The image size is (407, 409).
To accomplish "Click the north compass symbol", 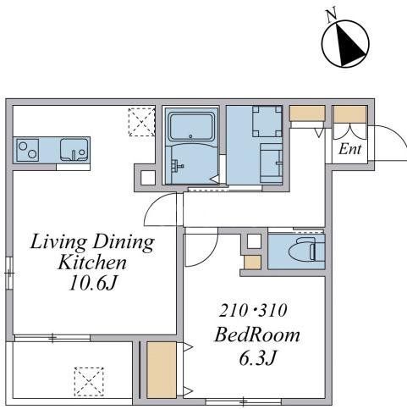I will pos(344,43).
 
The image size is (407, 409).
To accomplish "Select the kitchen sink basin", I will pos(74,150).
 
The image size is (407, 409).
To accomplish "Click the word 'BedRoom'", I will pos(258,334).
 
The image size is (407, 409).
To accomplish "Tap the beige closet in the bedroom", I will pos(159,370).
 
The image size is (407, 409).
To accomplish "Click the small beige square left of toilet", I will pos(251,262).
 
